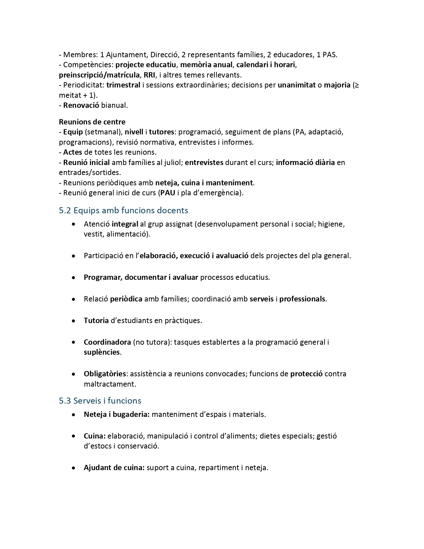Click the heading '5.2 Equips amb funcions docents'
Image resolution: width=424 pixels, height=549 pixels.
[123, 210]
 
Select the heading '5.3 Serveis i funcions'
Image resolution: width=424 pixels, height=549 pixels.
[100, 401]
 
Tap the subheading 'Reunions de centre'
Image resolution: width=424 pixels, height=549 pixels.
[92, 122]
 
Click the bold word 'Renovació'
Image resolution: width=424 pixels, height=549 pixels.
[81, 105]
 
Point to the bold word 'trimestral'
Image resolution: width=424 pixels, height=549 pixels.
[123, 85]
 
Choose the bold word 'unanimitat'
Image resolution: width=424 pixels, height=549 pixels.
[297, 85]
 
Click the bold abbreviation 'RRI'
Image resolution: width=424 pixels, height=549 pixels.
[149, 75]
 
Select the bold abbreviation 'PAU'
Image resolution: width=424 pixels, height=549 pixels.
[168, 193]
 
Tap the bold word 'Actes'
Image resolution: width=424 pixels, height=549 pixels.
[72, 152]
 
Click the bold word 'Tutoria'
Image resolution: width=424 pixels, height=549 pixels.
[96, 321]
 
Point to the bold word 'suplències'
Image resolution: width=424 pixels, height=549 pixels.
[101, 352]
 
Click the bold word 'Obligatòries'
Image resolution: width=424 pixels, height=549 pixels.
[105, 374]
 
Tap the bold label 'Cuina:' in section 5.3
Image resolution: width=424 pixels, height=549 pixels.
[95, 436]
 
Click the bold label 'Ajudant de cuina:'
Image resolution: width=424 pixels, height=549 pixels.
[114, 468]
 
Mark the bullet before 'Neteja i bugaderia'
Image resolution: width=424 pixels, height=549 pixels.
[73, 415]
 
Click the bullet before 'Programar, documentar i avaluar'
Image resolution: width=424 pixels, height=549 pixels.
[73, 277]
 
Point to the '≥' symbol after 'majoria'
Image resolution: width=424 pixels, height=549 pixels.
[356, 86]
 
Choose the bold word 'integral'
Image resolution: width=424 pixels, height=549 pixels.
[125, 224]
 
